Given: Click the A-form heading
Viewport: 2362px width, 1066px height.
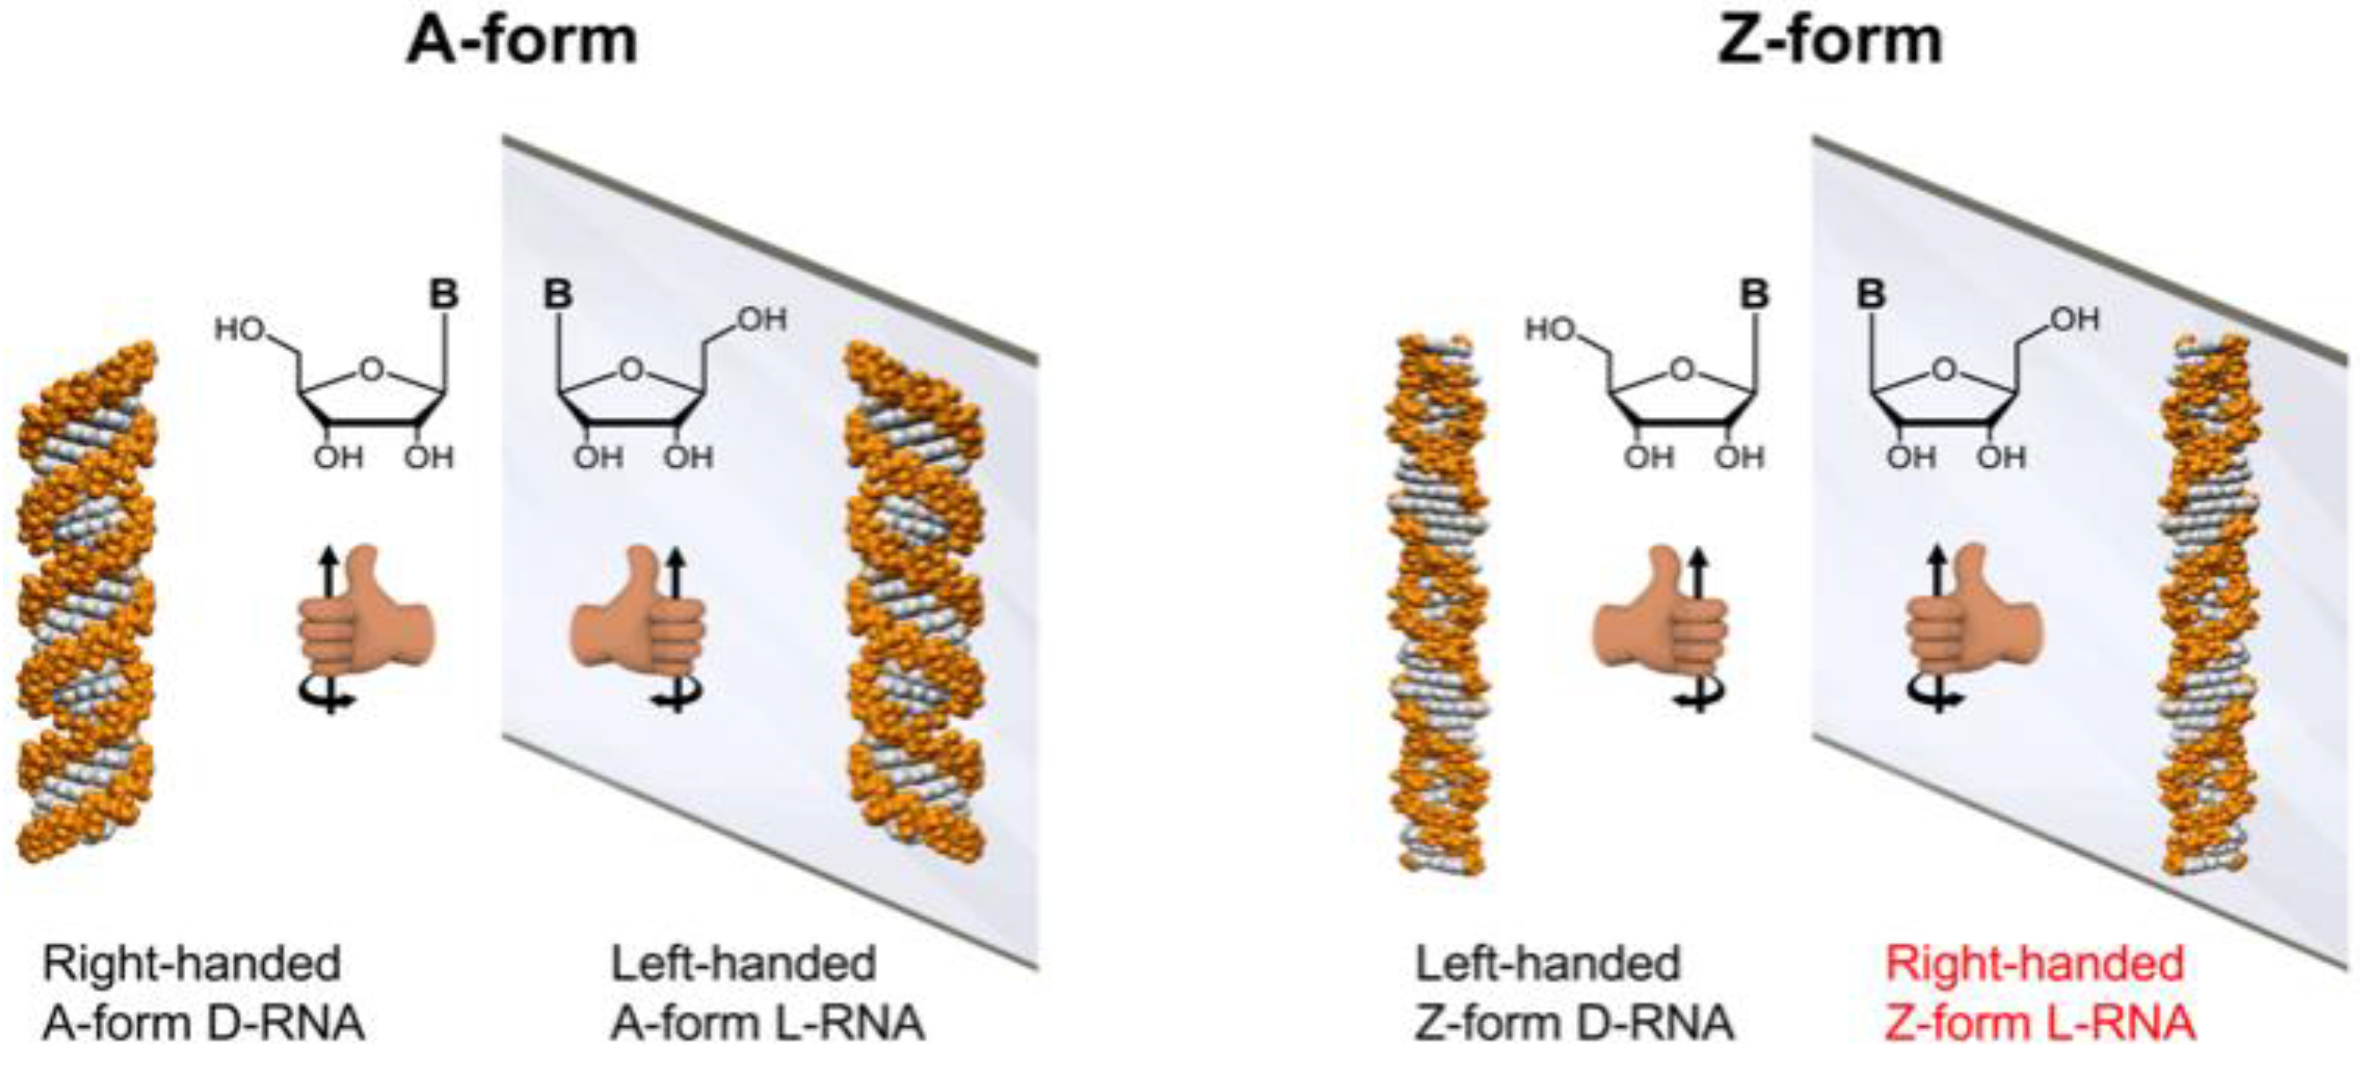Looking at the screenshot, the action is pos(521,40).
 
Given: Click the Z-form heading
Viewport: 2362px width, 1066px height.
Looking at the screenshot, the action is pos(1829,40).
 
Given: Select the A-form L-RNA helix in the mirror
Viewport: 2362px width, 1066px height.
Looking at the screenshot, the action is pos(914,601).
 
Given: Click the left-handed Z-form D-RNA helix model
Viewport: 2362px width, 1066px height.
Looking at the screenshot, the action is pos(1435,605).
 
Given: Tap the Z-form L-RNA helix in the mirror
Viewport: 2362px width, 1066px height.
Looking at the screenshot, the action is pos(2205,605).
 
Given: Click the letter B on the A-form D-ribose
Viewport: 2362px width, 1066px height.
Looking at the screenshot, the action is pos(444,295).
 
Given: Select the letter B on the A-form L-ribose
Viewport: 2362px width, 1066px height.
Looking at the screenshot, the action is pos(558,295).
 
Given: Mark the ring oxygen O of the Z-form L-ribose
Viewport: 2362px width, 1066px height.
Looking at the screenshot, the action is pos(1942,369).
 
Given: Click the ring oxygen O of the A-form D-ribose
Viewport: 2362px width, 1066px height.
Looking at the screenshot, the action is pos(370,369).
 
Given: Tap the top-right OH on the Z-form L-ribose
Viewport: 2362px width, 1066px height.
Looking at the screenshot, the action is pos(2074,319).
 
